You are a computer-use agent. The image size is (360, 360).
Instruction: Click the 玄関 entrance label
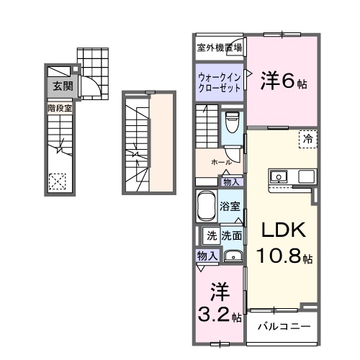[61, 86]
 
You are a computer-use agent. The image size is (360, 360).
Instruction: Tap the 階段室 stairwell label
[60, 109]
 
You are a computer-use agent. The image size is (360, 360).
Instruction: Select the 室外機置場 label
[220, 48]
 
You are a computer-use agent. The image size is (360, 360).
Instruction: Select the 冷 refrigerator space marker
[307, 138]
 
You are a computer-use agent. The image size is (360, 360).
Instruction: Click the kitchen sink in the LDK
[279, 177]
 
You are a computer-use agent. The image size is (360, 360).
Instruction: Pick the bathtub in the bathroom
[206, 208]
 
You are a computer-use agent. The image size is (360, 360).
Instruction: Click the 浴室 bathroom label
[230, 207]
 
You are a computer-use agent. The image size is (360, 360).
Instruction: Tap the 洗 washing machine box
[212, 235]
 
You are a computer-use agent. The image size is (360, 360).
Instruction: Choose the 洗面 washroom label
[231, 235]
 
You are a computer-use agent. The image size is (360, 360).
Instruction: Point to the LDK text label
[283, 231]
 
